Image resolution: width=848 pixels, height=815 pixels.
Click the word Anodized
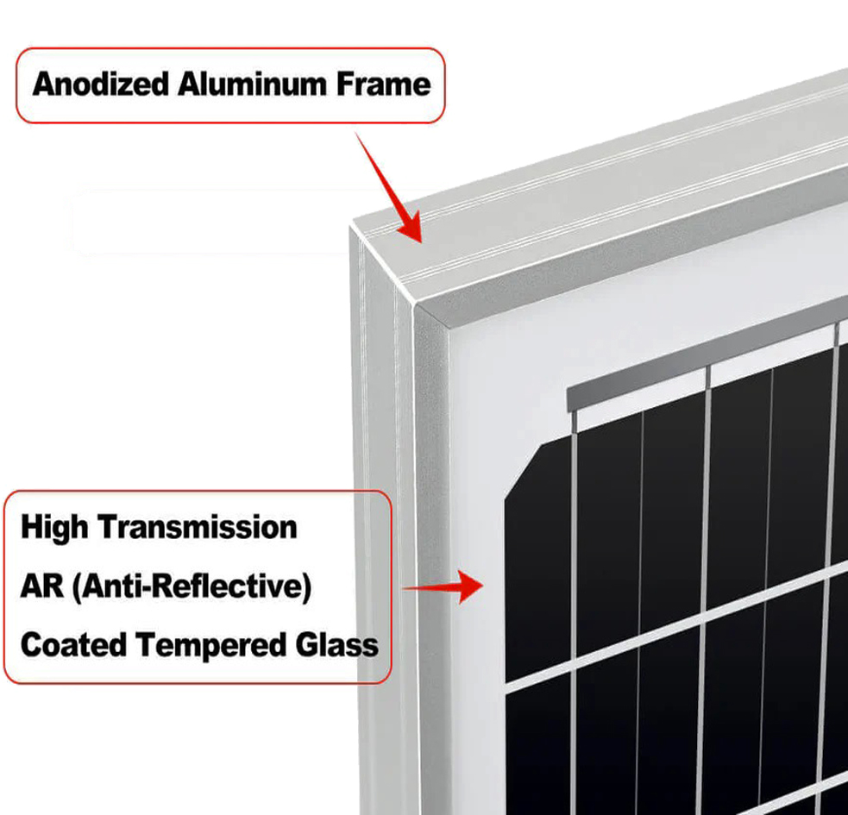(x=101, y=85)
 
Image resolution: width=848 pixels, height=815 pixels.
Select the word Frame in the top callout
(x=383, y=85)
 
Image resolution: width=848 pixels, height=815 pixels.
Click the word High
(x=54, y=528)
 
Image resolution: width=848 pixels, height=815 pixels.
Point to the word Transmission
(x=198, y=527)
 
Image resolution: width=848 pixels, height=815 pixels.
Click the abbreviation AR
(x=41, y=586)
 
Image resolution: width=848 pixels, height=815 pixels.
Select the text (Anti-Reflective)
(x=192, y=586)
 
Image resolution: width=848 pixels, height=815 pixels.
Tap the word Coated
(x=73, y=645)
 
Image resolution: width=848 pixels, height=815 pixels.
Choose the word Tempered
(x=210, y=646)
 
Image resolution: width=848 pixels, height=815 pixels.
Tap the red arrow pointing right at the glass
(x=443, y=586)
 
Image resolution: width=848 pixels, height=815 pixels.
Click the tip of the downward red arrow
(x=420, y=242)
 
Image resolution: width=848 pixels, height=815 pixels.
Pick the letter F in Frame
(x=345, y=85)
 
